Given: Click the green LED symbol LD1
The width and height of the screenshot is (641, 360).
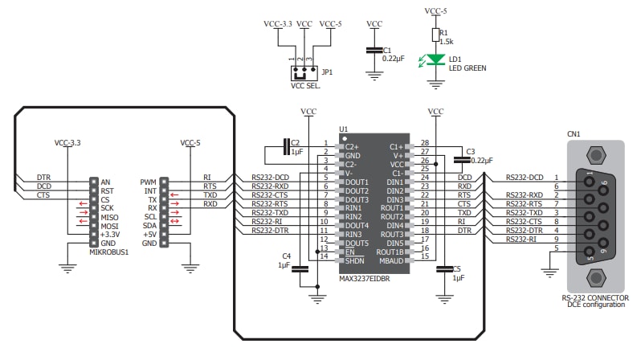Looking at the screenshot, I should tap(435, 59).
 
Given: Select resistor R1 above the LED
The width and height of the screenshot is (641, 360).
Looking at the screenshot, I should tap(435, 35).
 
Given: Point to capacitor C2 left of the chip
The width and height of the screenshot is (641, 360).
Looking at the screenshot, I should tap(288, 146).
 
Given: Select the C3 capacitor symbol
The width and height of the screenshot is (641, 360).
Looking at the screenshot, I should tap(460, 157).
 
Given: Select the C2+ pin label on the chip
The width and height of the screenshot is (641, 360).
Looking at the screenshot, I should tap(353, 147).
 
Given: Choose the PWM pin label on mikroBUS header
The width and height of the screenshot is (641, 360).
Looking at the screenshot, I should tap(148, 182).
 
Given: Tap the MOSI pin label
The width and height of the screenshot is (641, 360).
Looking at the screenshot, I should tap(109, 226).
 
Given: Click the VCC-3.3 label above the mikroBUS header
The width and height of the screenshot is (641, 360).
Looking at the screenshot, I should tap(68, 143).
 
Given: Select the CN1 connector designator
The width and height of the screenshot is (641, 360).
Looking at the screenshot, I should tap(574, 134).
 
